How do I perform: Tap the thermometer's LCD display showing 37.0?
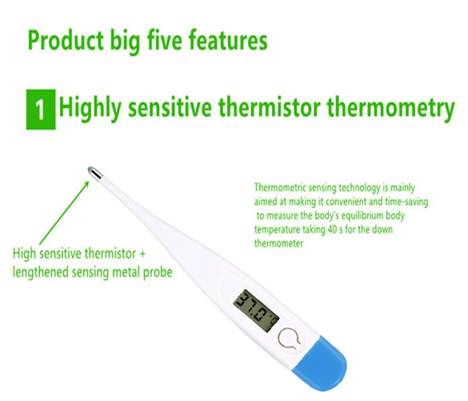pyautogui.click(x=256, y=308)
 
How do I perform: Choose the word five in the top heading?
pyautogui.click(x=158, y=42)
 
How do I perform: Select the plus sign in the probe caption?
pyautogui.click(x=141, y=254)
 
